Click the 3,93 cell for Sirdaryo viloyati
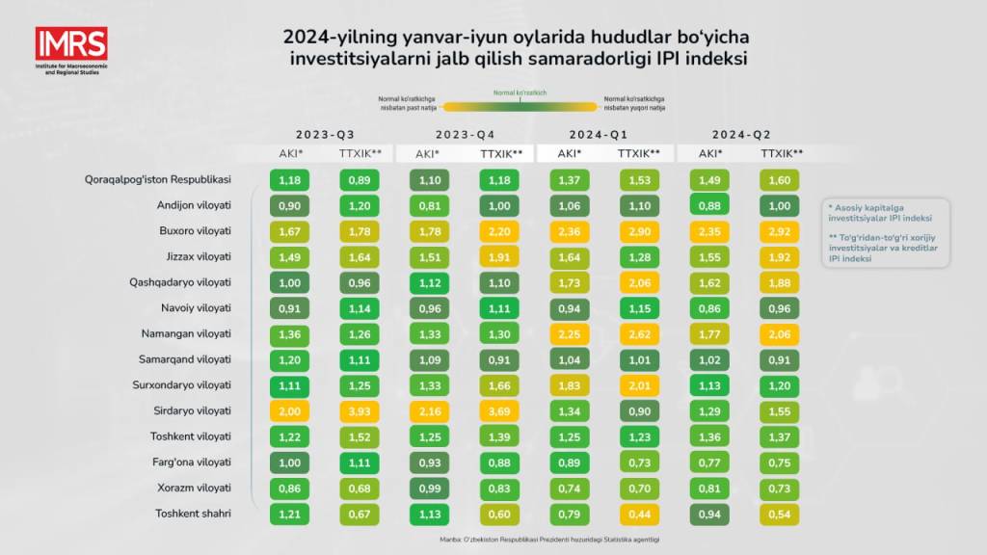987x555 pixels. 359,410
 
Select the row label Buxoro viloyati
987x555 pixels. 196,231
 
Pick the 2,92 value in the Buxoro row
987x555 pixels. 780,231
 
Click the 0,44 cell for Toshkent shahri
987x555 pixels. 639,514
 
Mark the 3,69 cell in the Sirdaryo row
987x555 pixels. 498,410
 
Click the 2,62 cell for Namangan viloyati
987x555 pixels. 639,333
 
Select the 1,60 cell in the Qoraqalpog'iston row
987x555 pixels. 780,179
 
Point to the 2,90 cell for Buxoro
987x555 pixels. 639,231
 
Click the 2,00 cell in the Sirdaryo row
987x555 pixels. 289,410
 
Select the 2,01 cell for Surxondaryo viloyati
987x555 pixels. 639,385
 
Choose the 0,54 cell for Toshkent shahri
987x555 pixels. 780,514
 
